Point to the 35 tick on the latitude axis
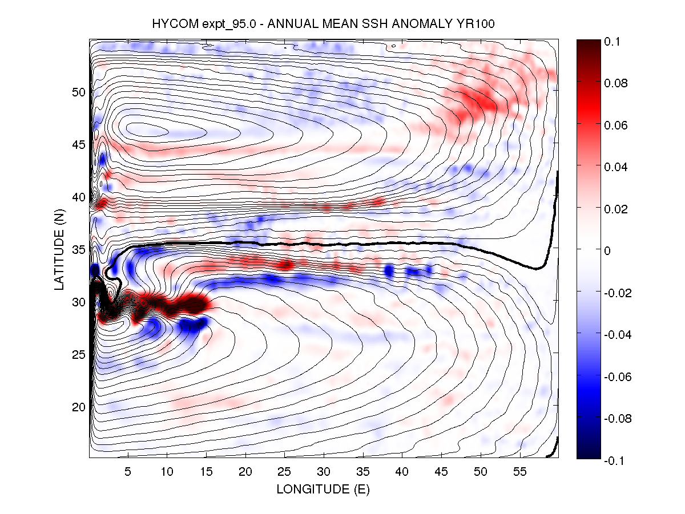point(78,249)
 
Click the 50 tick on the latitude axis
point(78,92)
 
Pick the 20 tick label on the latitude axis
point(78,407)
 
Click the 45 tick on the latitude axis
point(78,144)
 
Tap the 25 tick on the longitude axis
point(284,472)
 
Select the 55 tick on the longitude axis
point(520,472)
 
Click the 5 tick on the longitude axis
point(128,472)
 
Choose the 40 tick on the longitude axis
point(402,472)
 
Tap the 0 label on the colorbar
point(609,250)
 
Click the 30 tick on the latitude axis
point(78,302)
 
